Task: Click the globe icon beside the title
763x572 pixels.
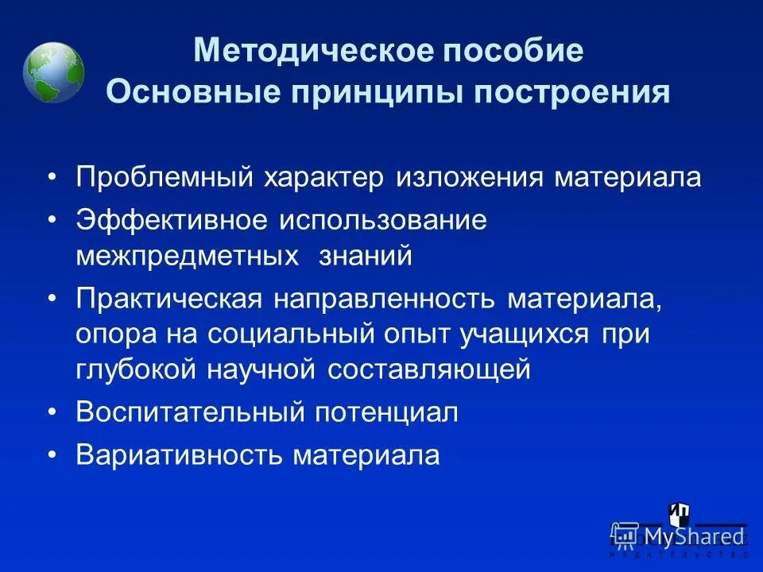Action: click(53, 72)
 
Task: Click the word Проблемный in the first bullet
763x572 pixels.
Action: click(164, 177)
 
